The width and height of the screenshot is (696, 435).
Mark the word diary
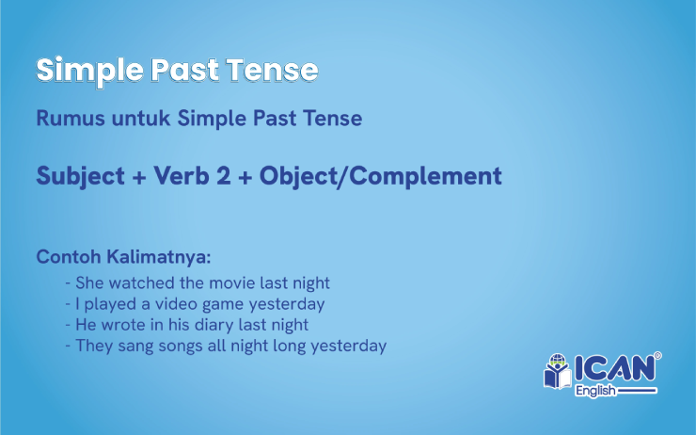coord(211,325)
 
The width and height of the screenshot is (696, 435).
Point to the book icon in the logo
coord(557,374)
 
